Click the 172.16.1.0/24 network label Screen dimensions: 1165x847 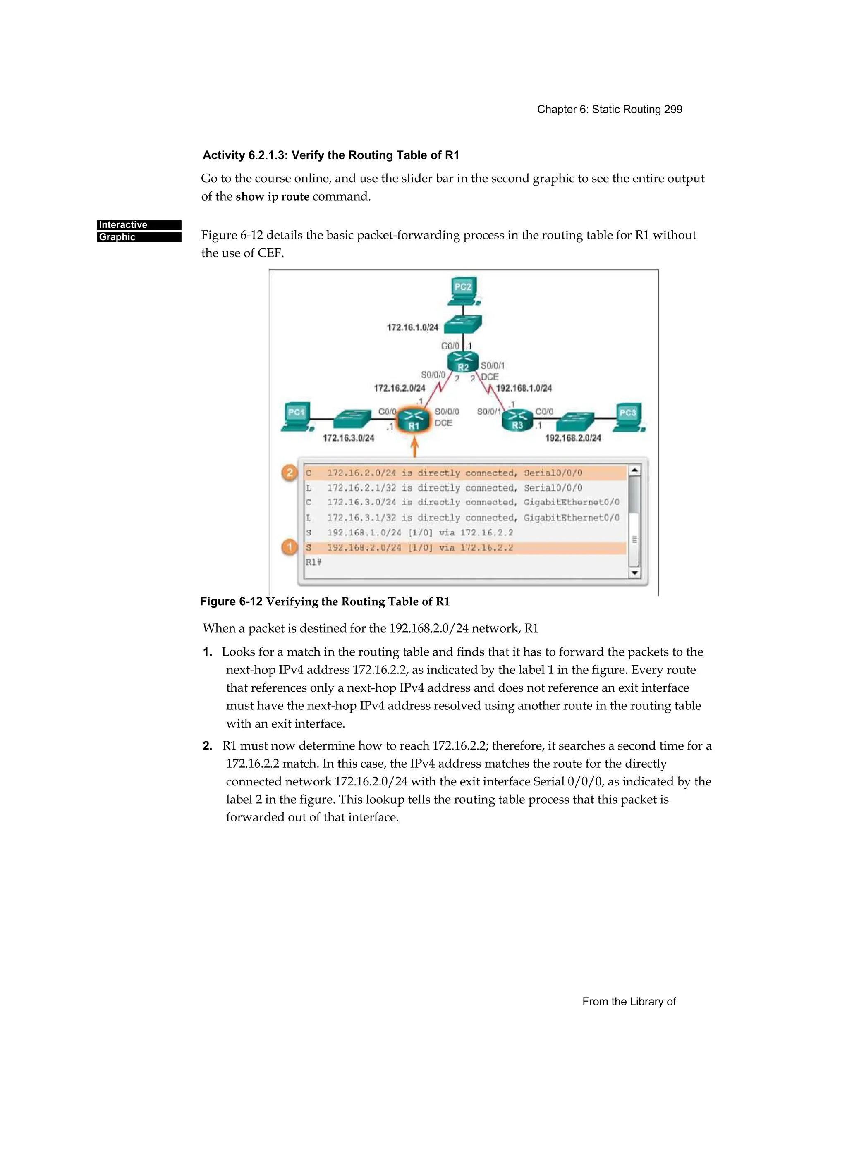[412, 327]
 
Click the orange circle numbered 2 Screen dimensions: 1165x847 [290, 473]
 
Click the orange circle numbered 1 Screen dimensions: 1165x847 [290, 547]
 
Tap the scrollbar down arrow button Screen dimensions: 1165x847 [635, 573]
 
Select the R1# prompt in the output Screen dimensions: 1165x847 [313, 562]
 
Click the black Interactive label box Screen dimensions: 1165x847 [139, 225]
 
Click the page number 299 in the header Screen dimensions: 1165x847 [673, 110]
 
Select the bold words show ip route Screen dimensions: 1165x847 [273, 197]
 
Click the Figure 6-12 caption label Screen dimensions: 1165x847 [231, 602]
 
